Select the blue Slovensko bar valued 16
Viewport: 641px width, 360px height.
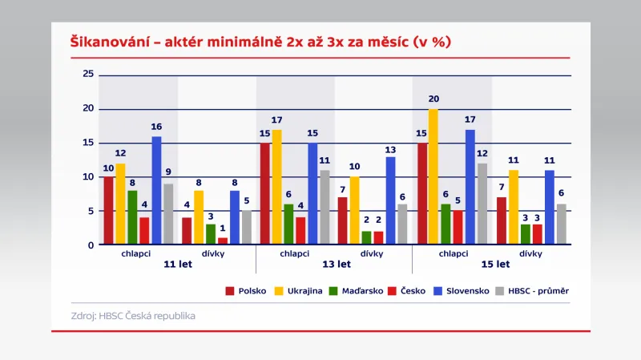pos(156,190)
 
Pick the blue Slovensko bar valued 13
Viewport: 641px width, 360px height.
pos(390,200)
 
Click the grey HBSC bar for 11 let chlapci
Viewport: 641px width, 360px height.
pos(168,214)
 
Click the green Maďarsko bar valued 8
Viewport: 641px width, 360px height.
pos(132,217)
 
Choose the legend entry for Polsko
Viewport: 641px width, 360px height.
pos(245,290)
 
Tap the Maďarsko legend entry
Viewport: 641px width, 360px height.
pos(358,290)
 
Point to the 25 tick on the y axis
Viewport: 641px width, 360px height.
pos(88,75)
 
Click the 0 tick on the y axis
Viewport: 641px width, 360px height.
pos(91,245)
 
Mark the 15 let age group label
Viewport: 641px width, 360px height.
pos(494,263)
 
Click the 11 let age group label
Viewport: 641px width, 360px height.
pos(177,263)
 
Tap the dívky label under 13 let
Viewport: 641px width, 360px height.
pos(371,253)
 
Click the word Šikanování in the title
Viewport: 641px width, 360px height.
pos(108,42)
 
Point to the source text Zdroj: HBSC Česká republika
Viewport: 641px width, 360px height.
pos(133,316)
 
